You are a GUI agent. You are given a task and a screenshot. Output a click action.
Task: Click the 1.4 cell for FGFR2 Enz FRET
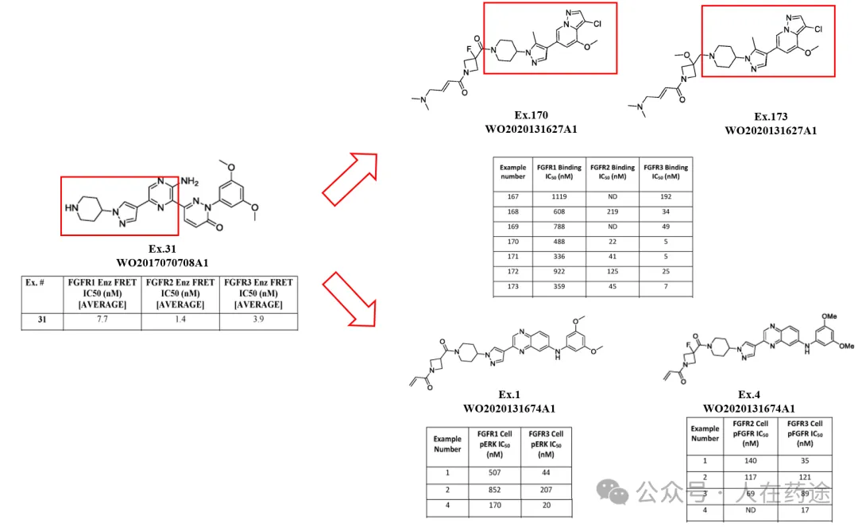180,319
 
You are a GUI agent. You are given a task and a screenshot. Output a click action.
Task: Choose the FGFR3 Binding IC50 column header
665,172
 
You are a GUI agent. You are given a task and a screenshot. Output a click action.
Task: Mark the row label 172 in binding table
512,273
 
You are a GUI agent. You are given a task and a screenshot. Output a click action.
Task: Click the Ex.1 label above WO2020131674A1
508,394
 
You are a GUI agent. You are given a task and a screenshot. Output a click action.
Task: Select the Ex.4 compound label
749,395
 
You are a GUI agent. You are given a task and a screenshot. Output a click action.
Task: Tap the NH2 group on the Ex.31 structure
189,182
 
